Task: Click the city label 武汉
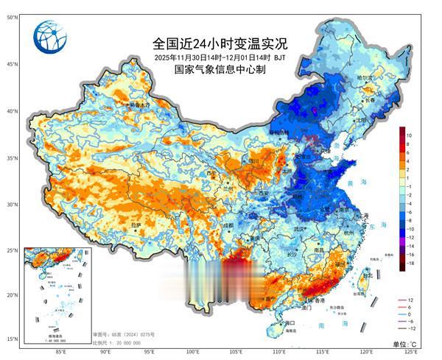click(298, 229)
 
